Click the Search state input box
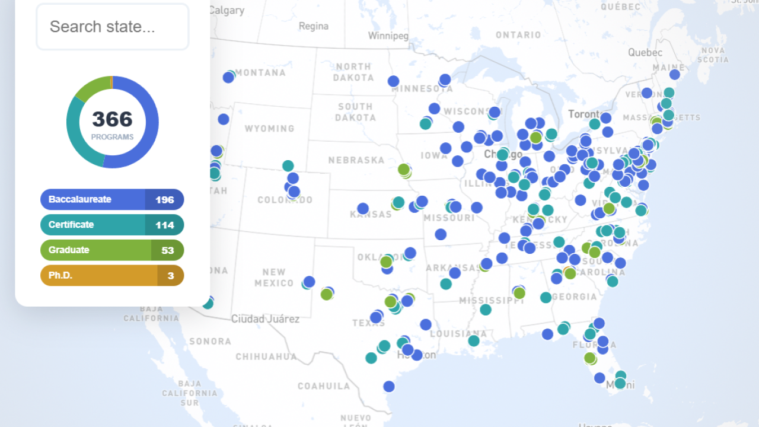pyautogui.click(x=113, y=27)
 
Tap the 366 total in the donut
pyautogui.click(x=112, y=120)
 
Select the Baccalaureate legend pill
pyautogui.click(x=93, y=199)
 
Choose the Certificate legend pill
pyautogui.click(x=93, y=225)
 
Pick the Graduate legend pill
pyautogui.click(x=95, y=250)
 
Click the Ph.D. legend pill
pyautogui.click(x=98, y=275)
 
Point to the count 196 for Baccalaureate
pyautogui.click(x=164, y=200)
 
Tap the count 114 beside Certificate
pyautogui.click(x=164, y=225)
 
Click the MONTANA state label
pyautogui.click(x=261, y=73)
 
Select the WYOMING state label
pyautogui.click(x=269, y=128)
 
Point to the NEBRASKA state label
pyautogui.click(x=356, y=160)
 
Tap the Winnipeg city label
pyautogui.click(x=388, y=36)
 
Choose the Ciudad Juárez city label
pyautogui.click(x=265, y=319)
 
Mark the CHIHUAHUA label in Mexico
pyautogui.click(x=266, y=356)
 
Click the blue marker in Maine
pyautogui.click(x=674, y=75)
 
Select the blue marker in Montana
pyautogui.click(x=228, y=78)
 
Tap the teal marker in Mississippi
pyautogui.click(x=486, y=310)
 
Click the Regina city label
pyautogui.click(x=314, y=26)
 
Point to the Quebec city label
pyautogui.click(x=645, y=52)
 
